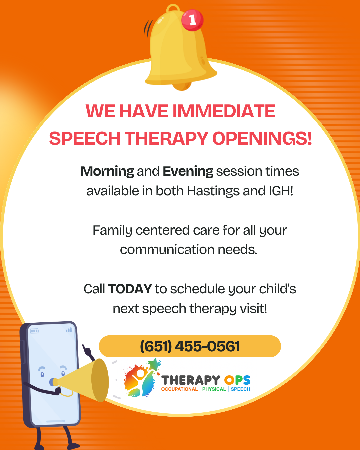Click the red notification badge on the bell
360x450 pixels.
192,20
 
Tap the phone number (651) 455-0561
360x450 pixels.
190,346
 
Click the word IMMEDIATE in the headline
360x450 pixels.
224,111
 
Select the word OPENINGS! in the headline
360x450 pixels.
262,138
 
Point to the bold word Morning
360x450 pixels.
107,172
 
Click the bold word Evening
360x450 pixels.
188,172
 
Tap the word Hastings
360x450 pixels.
213,191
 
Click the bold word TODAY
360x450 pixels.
130,289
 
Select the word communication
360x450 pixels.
167,250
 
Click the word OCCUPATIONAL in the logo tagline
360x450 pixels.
179,389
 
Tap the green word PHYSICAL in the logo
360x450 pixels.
214,389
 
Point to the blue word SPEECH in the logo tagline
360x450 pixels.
241,389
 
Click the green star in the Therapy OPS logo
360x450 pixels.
154,364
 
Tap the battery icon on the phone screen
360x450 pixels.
34,331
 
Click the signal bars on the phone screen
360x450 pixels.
69,330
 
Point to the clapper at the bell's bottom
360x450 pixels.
182,86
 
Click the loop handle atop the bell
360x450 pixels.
173,8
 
